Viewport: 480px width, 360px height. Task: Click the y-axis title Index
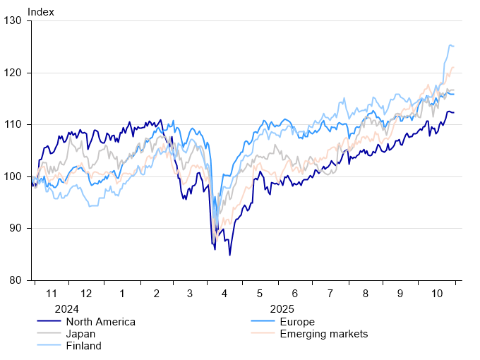pos(40,12)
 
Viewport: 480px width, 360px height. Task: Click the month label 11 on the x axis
pos(51,293)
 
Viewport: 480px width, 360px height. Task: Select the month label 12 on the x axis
pos(86,293)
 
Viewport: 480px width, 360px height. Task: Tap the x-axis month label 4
pos(225,293)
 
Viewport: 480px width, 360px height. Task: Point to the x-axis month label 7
pos(330,293)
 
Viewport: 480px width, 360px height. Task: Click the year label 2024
pos(66,308)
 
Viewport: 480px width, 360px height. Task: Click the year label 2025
pos(282,308)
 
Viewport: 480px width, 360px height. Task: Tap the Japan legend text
pos(80,334)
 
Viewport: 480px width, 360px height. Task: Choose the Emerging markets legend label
pos(324,334)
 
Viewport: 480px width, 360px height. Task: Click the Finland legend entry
pos(83,346)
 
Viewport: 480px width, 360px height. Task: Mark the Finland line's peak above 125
pos(450,45)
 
